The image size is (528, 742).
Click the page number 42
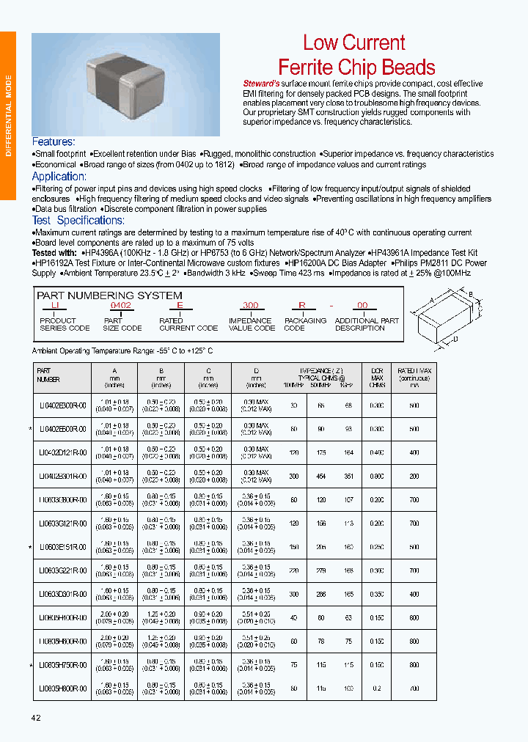point(35,717)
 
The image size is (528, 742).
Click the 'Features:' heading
point(54,142)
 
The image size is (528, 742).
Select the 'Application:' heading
point(59,176)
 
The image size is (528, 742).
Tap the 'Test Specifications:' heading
point(78,220)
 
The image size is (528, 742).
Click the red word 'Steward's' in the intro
point(260,84)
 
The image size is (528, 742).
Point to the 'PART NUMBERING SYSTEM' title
point(109,295)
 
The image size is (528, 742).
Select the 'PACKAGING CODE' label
point(304,324)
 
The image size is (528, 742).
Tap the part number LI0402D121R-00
point(62,453)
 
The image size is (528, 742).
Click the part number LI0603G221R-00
point(62,570)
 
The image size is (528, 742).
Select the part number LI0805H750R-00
point(62,665)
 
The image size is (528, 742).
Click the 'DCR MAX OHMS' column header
point(377,377)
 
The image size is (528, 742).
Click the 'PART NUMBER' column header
point(48,375)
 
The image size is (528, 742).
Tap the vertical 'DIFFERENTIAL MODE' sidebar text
point(8,116)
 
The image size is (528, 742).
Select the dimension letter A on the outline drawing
point(432,299)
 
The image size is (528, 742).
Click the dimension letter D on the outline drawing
point(455,339)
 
